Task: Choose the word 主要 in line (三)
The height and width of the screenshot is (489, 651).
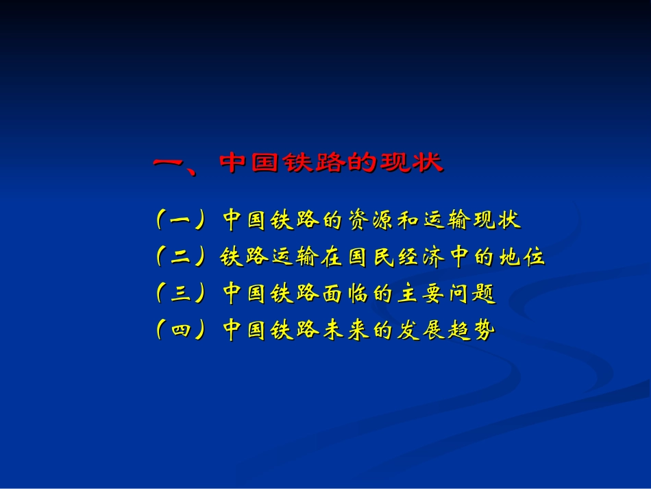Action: [x=422, y=294]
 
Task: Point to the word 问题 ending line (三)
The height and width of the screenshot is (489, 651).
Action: [x=471, y=294]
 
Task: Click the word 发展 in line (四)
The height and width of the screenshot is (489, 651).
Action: [x=422, y=331]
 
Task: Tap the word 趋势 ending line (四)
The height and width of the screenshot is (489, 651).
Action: [x=471, y=331]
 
